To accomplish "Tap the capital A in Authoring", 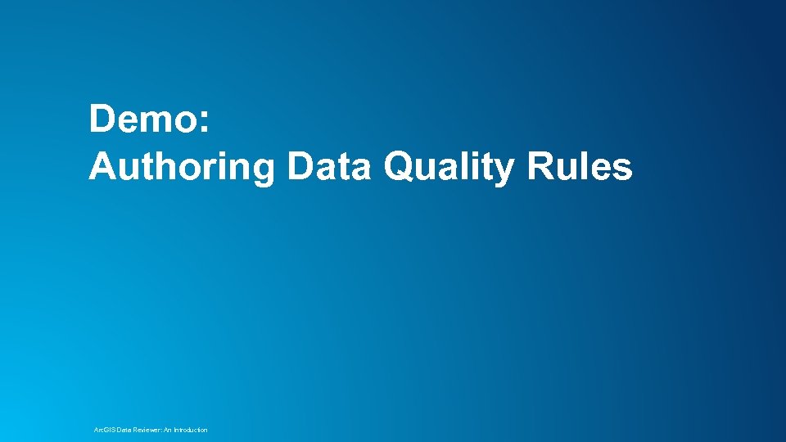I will pyautogui.click(x=102, y=166).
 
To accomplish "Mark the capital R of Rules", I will pyautogui.click(x=540, y=166).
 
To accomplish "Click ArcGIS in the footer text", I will pyautogui.click(x=105, y=430).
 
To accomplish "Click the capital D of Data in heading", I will pyautogui.click(x=300, y=166).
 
